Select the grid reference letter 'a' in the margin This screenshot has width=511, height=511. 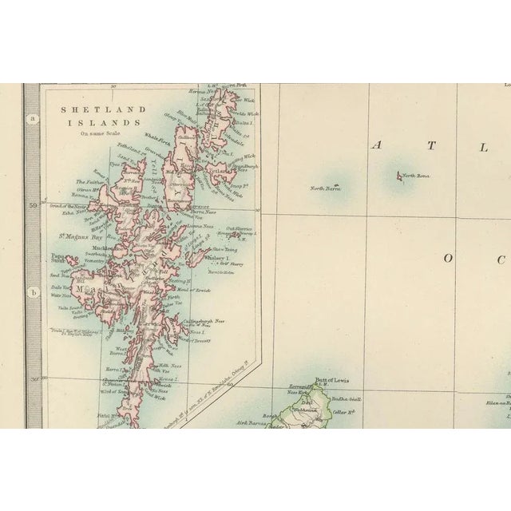pyautogui.click(x=33, y=120)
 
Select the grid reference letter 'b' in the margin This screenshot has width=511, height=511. pyautogui.click(x=33, y=292)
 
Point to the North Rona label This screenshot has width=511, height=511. pyautogui.click(x=416, y=176)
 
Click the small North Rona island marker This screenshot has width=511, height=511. pyautogui.click(x=398, y=176)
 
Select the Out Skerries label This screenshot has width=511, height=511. pyautogui.click(x=239, y=228)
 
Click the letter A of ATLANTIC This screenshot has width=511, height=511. pyautogui.click(x=378, y=145)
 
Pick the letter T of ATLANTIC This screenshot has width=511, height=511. pyautogui.click(x=431, y=145)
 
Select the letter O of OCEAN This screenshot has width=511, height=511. pyautogui.click(x=448, y=258)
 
